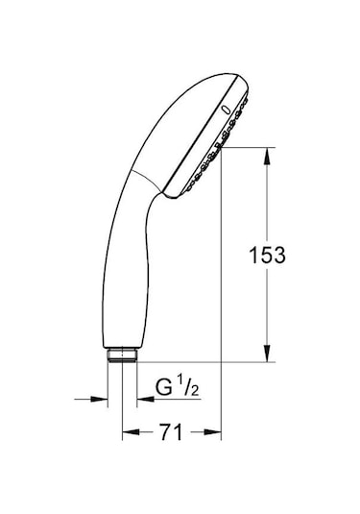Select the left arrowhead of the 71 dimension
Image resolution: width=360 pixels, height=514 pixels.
128,434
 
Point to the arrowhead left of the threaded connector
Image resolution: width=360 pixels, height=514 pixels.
103,398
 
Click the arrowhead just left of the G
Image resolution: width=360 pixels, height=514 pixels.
145,398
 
